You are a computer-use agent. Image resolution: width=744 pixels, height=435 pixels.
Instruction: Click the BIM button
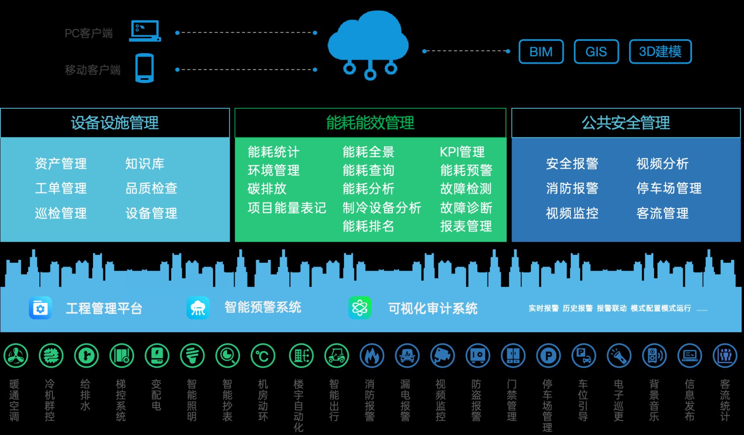(541, 52)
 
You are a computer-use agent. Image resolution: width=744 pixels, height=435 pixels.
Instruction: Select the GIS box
(596, 52)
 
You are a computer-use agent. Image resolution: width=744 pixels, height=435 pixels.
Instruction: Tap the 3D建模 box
(660, 52)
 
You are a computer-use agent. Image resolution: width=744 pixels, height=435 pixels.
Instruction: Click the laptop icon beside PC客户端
(145, 31)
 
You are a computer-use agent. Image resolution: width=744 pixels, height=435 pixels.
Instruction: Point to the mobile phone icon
(145, 68)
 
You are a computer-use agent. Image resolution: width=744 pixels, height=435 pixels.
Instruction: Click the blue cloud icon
(368, 45)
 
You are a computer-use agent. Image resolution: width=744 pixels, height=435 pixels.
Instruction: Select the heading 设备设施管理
(115, 123)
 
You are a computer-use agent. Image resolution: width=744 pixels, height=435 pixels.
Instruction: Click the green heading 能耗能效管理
(370, 123)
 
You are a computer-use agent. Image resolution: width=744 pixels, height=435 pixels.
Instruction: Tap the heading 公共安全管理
(626, 123)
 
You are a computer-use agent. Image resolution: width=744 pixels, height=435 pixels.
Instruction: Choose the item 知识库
(145, 164)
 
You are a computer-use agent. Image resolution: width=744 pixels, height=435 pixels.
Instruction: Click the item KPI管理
(462, 152)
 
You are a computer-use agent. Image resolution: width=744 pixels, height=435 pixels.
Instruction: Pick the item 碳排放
(267, 188)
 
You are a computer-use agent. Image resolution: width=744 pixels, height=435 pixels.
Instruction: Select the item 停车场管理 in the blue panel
(669, 188)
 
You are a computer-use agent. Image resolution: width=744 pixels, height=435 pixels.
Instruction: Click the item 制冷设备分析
(382, 208)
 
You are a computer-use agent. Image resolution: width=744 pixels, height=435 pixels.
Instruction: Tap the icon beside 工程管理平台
(40, 308)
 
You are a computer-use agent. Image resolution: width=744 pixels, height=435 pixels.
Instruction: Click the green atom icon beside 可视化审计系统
(360, 308)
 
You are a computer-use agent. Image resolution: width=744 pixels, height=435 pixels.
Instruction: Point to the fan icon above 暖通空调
(16, 356)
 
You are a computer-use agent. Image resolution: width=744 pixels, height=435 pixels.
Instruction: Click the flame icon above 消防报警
(372, 356)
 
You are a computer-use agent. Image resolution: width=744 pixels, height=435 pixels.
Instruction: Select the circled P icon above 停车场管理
(549, 356)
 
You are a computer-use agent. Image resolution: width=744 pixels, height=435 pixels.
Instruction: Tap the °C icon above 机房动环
(263, 356)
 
